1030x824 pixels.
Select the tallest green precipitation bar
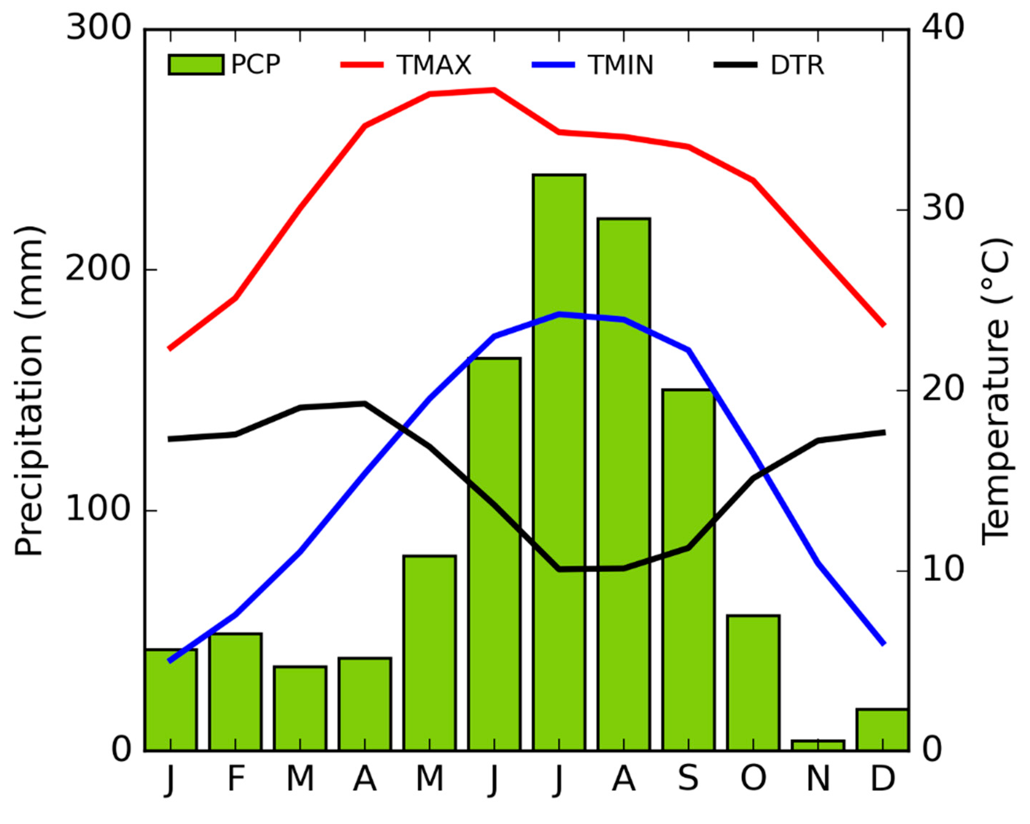point(559,463)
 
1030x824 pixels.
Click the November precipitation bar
point(818,745)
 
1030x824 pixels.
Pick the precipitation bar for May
point(429,653)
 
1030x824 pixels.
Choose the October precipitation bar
point(753,683)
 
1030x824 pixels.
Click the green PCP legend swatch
point(196,64)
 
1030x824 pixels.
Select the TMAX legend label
point(434,65)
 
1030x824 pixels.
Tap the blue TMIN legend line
point(553,64)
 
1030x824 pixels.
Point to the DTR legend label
point(797,65)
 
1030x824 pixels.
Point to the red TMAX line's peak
point(494,89)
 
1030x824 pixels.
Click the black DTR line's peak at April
point(365,403)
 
